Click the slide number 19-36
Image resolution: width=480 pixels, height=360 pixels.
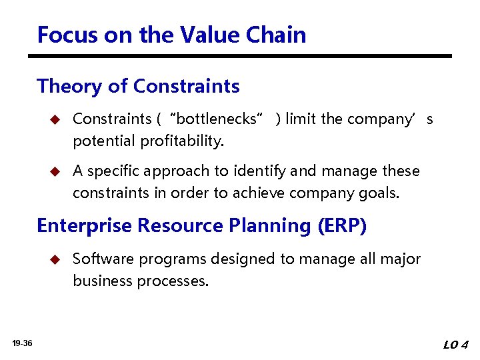point(22,343)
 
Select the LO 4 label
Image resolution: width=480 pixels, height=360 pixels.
point(455,345)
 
